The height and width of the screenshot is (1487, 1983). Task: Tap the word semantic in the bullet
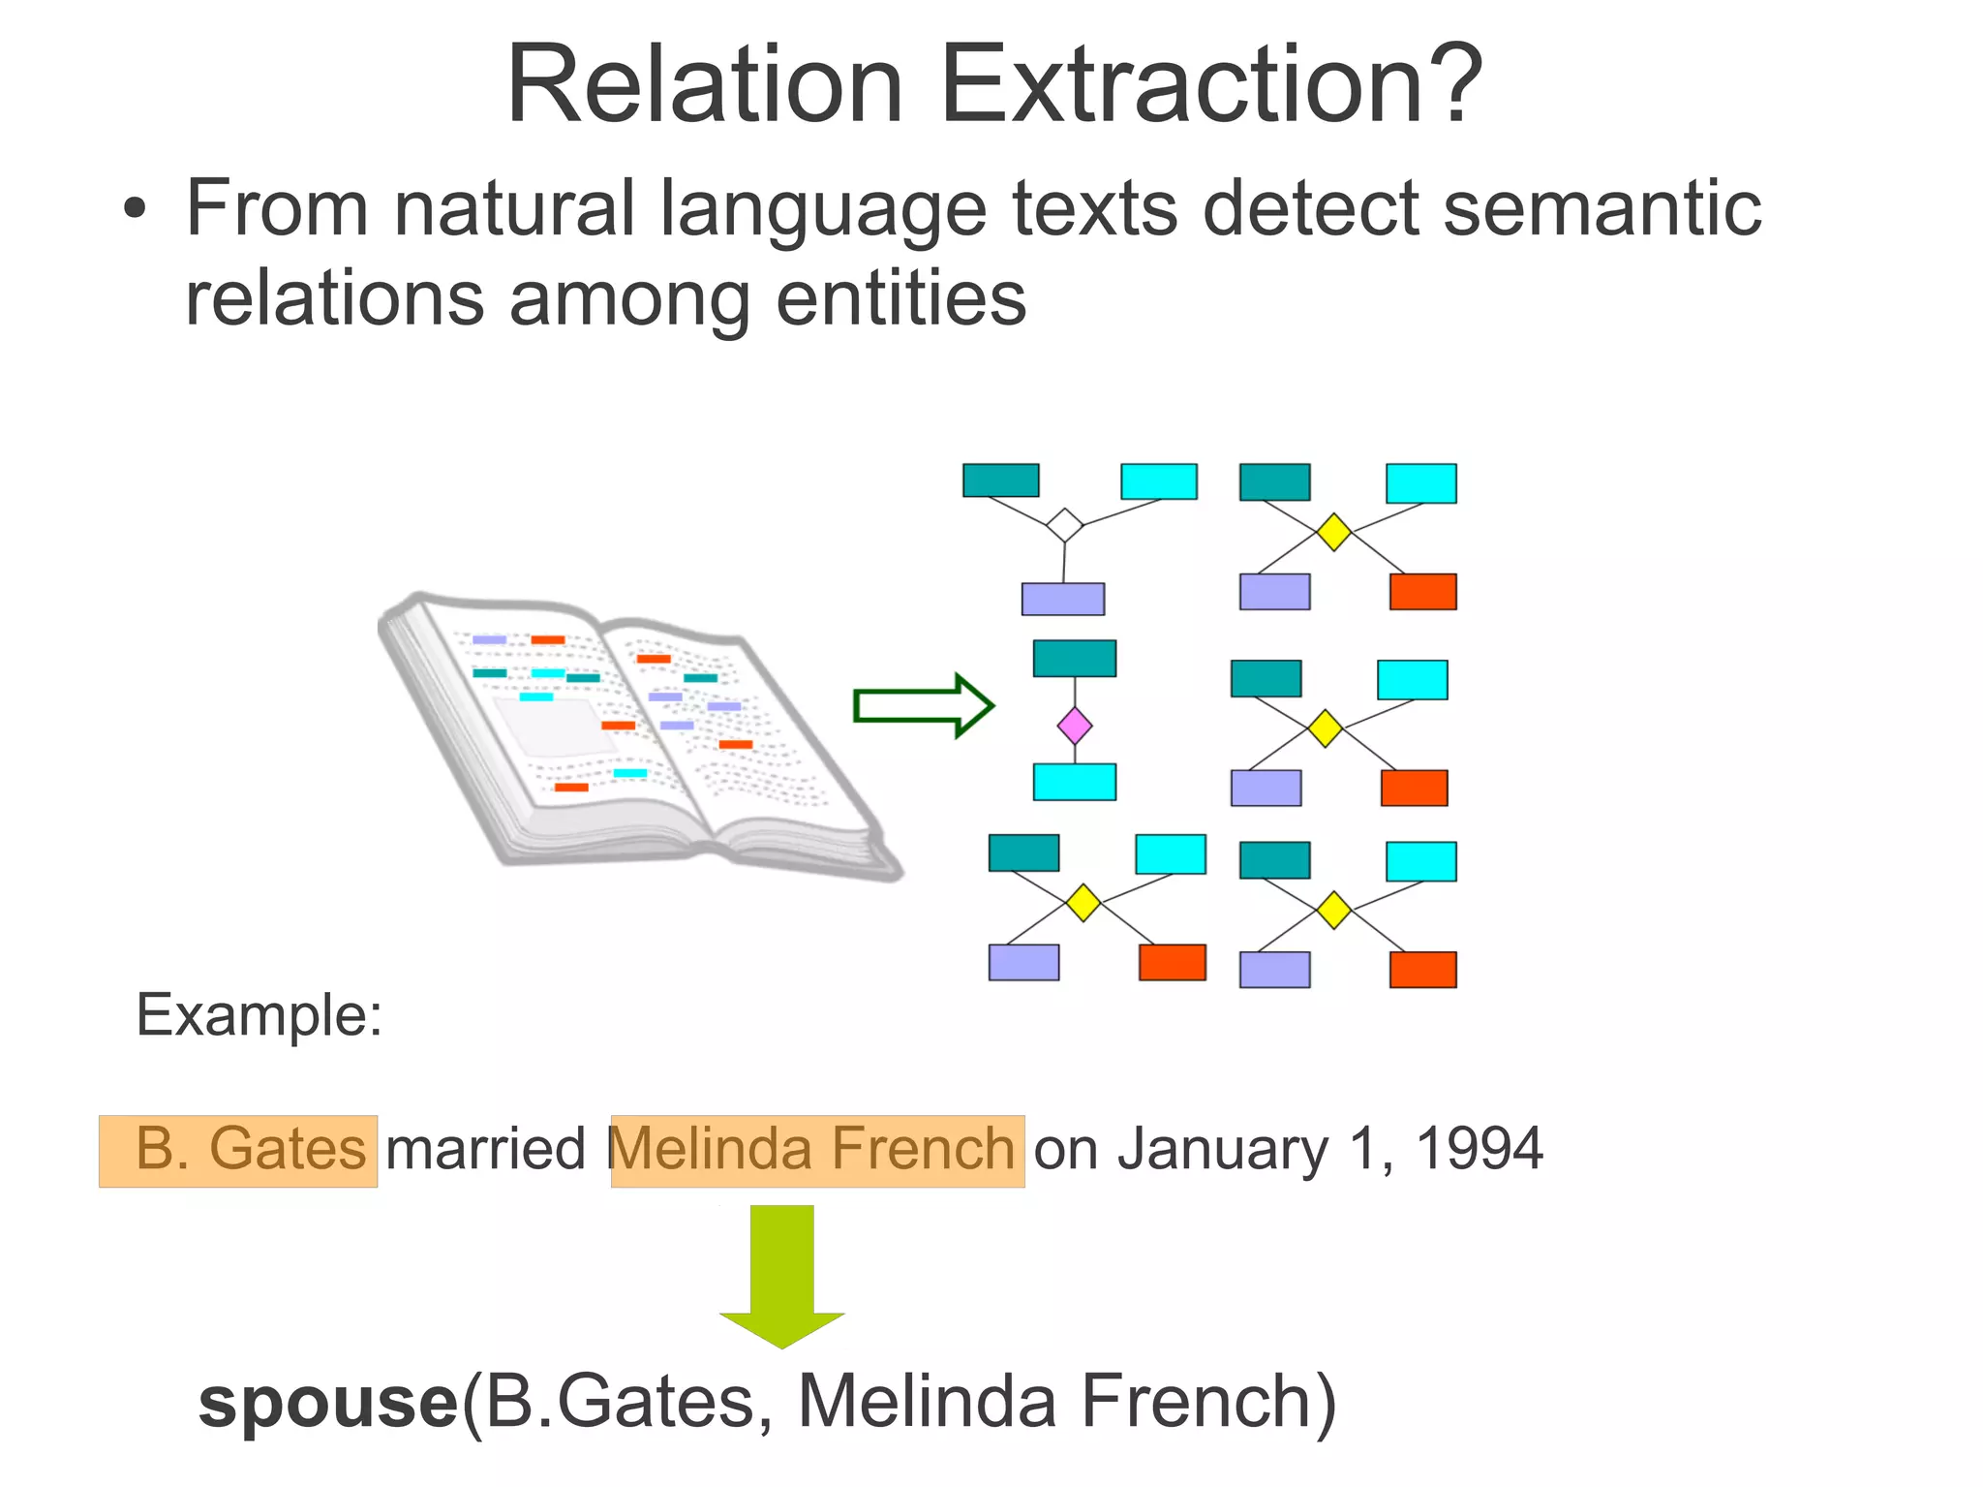pyautogui.click(x=1602, y=208)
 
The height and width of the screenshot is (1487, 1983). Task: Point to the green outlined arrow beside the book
pyautogui.click(x=922, y=705)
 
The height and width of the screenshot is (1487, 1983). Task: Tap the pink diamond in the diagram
pyautogui.click(x=1075, y=726)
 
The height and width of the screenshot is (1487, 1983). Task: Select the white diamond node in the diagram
pyautogui.click(x=1064, y=525)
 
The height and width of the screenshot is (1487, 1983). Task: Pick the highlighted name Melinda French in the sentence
pyautogui.click(x=817, y=1150)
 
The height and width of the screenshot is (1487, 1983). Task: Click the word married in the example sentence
pyautogui.click(x=486, y=1150)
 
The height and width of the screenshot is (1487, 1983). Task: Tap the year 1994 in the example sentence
pyautogui.click(x=1479, y=1150)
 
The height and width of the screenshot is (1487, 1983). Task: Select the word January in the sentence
pyautogui.click(x=1223, y=1150)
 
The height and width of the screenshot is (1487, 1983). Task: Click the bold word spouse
pyautogui.click(x=327, y=1403)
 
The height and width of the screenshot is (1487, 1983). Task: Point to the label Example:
pyautogui.click(x=259, y=1015)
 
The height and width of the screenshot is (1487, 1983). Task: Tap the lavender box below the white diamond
pyautogui.click(x=1062, y=599)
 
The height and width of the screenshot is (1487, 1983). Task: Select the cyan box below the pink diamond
pyautogui.click(x=1075, y=782)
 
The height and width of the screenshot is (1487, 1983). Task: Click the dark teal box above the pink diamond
pyautogui.click(x=1075, y=658)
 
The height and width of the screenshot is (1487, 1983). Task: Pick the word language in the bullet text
pyautogui.click(x=822, y=208)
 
